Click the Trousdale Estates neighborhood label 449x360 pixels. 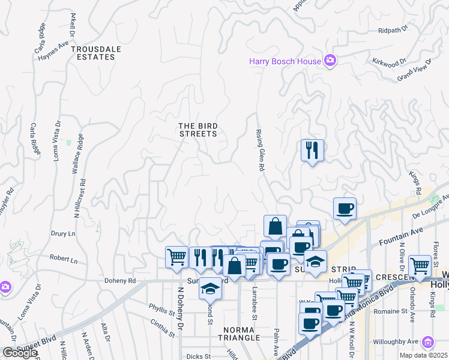pos(92,53)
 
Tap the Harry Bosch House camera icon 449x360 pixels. pos(329,60)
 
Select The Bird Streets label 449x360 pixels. pos(198,130)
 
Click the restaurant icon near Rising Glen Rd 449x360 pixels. pos(312,150)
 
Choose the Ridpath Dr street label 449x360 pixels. pos(393,29)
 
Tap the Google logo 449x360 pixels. pos(19,353)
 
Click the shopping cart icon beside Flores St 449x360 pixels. pos(420,266)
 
